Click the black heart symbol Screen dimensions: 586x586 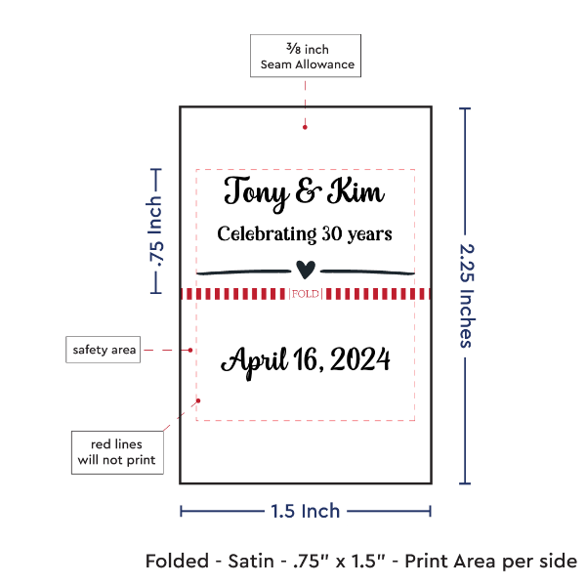pyautogui.click(x=307, y=269)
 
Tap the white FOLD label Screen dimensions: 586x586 pyautogui.click(x=306, y=294)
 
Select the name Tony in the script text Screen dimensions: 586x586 pyautogui.click(x=256, y=191)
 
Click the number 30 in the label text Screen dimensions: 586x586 pyautogui.click(x=333, y=234)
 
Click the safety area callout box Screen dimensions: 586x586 pyautogui.click(x=103, y=349)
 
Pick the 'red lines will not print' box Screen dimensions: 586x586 pyautogui.click(x=116, y=451)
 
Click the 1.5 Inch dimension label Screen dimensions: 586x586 pyautogui.click(x=306, y=511)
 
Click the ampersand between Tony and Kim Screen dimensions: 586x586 pyautogui.click(x=306, y=192)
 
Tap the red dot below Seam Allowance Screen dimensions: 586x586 pyautogui.click(x=306, y=125)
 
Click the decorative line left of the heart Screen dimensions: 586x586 pyautogui.click(x=243, y=271)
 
